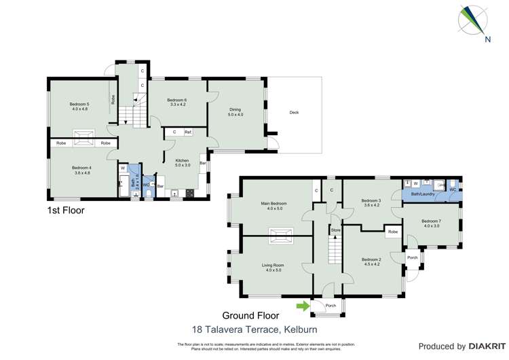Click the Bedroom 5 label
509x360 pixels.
pyautogui.click(x=79, y=104)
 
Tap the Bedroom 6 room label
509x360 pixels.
pyautogui.click(x=177, y=101)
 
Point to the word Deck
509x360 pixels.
pyautogui.click(x=294, y=113)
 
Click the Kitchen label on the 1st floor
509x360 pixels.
pyautogui.click(x=182, y=160)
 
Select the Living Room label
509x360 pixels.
pyautogui.click(x=273, y=265)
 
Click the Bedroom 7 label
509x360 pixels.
pyautogui.click(x=431, y=221)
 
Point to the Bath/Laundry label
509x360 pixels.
pyautogui.click(x=417, y=194)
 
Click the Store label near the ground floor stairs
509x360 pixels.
pyautogui.click(x=335, y=231)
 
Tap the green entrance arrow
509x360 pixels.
pyautogui.click(x=301, y=306)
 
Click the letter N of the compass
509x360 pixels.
pyautogui.click(x=487, y=39)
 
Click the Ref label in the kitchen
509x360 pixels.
pyautogui.click(x=187, y=132)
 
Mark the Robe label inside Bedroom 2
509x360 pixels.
pyautogui.click(x=392, y=232)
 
